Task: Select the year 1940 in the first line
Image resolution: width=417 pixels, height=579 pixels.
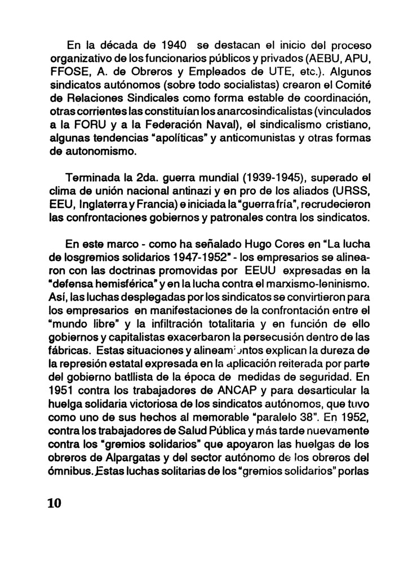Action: pyautogui.click(x=169, y=45)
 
